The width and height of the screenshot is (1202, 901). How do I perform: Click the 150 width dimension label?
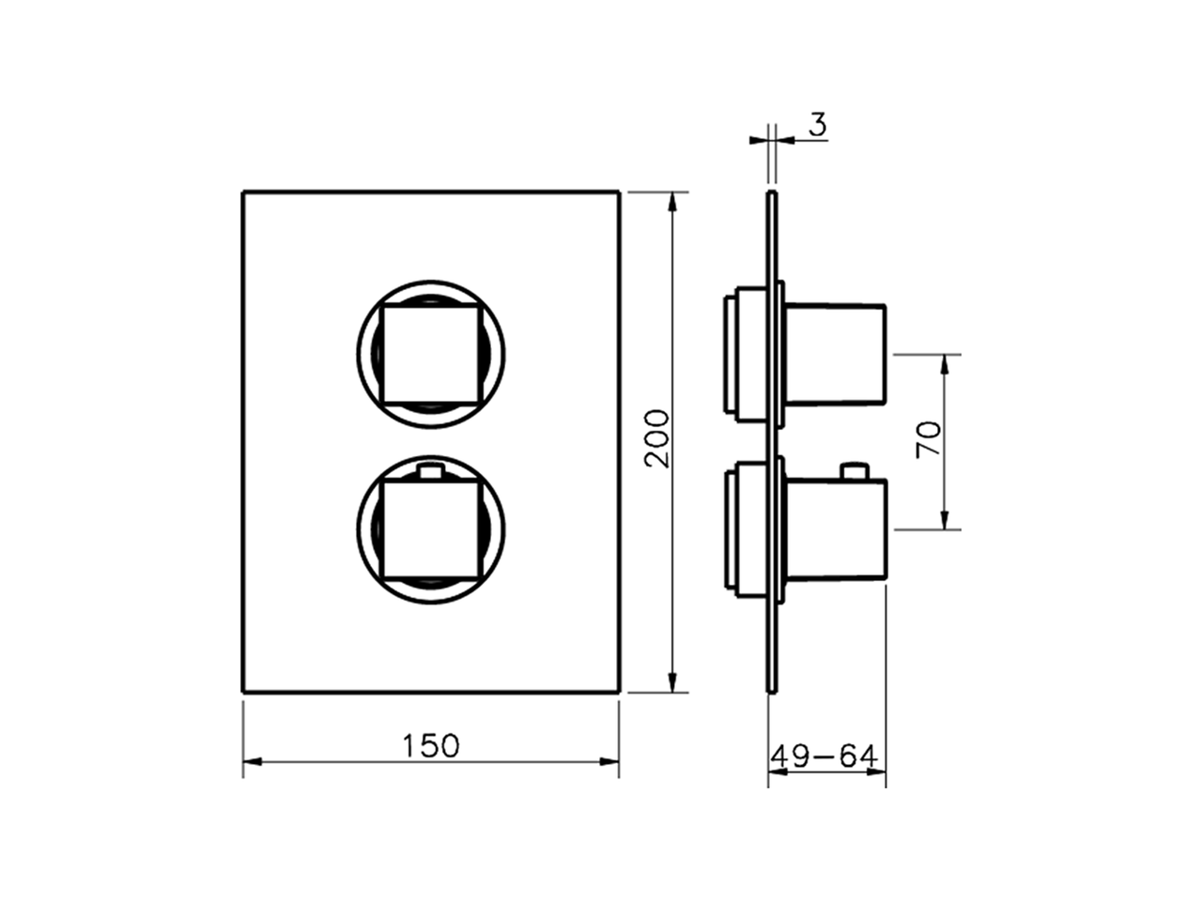tap(431, 745)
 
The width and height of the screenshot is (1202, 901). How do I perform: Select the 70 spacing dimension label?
tap(928, 439)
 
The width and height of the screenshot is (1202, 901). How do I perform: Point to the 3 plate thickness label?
tap(818, 125)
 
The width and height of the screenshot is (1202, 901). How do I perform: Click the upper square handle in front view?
tap(431, 354)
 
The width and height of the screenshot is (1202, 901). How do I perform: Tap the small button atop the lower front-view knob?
tap(431, 470)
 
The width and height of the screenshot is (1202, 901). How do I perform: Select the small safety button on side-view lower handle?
tap(855, 469)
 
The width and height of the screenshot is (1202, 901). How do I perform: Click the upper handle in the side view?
tap(834, 354)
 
